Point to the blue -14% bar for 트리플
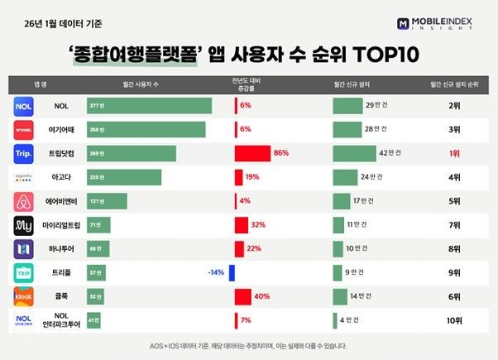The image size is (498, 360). point(232,272)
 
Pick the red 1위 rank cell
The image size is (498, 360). point(453,154)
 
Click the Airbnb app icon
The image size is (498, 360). point(24,201)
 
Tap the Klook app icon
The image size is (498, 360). point(24,296)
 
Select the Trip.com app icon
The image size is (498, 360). point(24,154)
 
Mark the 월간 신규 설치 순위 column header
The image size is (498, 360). point(453,84)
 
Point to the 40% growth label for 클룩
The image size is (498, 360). point(262,296)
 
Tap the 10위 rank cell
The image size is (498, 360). point(453,319)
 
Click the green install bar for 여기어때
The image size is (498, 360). point(347,130)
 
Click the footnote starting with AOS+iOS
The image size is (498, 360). point(248,346)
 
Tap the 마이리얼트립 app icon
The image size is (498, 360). point(24,225)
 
